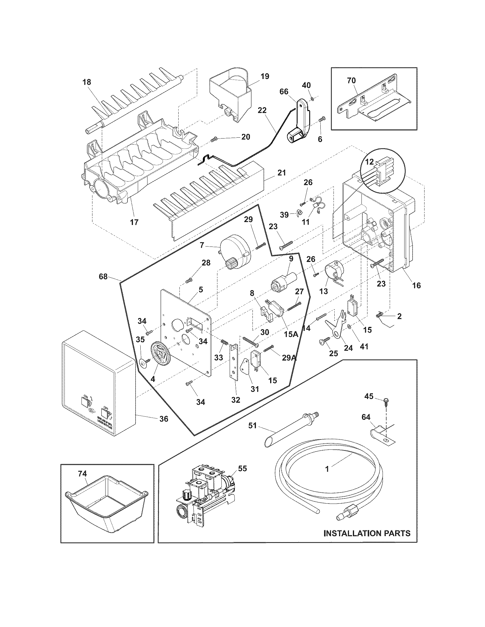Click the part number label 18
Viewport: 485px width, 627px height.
pyautogui.click(x=86, y=82)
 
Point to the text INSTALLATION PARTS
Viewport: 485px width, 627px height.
pyautogui.click(x=367, y=533)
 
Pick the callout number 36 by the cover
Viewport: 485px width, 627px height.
pyautogui.click(x=164, y=419)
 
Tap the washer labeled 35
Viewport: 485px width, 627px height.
pyautogui.click(x=143, y=363)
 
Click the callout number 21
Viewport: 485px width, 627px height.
pyautogui.click(x=282, y=173)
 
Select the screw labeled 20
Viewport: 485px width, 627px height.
pyautogui.click(x=214, y=139)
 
